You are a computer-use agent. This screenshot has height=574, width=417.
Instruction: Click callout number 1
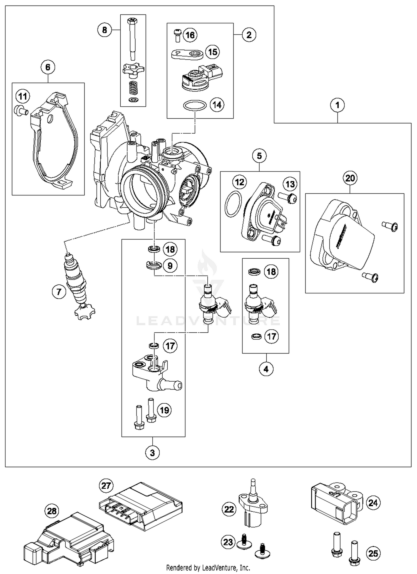point(337,105)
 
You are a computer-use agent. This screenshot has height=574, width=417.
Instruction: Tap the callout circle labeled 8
point(105,30)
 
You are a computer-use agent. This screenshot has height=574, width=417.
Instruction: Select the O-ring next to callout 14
point(195,106)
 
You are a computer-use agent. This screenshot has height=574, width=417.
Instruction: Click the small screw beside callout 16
point(177,35)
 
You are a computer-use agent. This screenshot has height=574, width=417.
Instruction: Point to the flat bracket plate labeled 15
point(187,54)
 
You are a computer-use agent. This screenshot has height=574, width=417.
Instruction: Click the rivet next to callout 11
point(21,110)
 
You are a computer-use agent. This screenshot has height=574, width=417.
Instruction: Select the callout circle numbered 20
point(350,178)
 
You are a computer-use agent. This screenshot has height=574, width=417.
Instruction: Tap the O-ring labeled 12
point(233,204)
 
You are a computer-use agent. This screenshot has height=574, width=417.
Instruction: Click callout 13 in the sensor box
point(290,184)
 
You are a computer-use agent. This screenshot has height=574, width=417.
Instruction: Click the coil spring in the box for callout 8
point(133,88)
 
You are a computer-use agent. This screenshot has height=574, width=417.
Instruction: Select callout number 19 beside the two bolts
point(165,410)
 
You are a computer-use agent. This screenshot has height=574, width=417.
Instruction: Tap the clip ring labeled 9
point(154,265)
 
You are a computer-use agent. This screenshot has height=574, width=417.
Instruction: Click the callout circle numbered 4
point(266,369)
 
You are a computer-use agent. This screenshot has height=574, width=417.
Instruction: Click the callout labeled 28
point(52,511)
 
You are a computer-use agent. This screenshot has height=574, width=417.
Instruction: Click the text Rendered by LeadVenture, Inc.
point(208,567)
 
